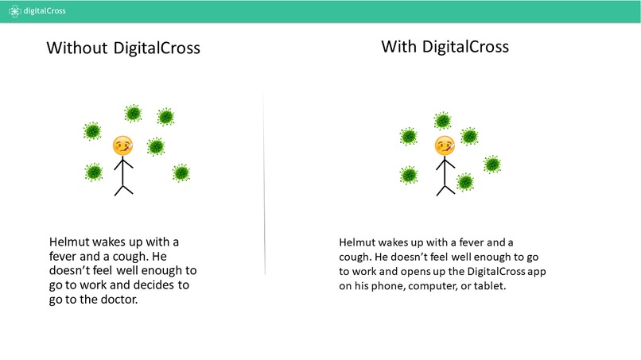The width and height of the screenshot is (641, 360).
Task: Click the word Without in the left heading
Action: [x=76, y=48]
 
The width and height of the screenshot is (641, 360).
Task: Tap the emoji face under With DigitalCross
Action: [x=445, y=146]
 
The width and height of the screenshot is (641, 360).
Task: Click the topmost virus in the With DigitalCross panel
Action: [x=443, y=121]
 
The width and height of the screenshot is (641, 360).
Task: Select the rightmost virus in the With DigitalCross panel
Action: [x=492, y=164]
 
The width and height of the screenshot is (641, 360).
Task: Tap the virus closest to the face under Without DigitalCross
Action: [x=156, y=146]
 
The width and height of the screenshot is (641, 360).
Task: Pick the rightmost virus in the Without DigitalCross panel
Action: [x=181, y=172]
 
